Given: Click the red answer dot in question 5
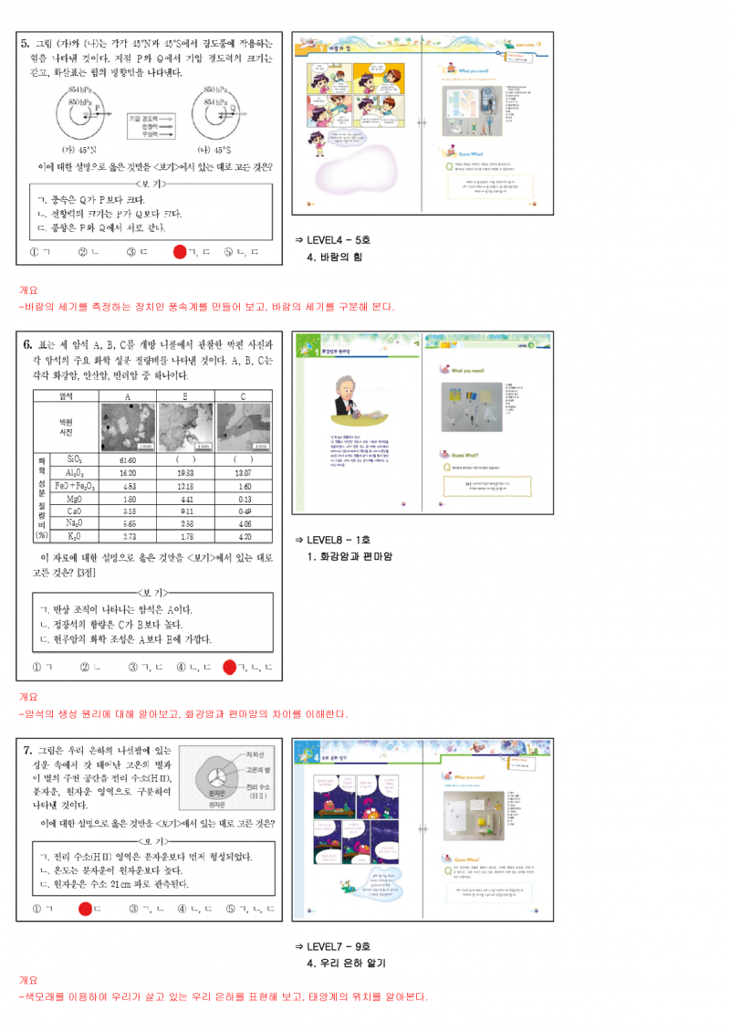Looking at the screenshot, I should pos(180,251).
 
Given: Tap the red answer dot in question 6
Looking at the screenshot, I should pos(229,668).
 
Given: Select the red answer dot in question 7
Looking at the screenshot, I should pos(85,909).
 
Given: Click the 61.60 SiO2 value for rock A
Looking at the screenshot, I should pos(127,460).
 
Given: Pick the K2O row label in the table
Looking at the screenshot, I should pos(74,536).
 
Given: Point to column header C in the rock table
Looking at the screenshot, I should pos(243,396).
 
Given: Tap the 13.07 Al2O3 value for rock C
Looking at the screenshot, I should pos(243,473).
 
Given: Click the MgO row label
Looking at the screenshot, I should pos(74,499).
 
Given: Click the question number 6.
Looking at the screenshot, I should pos(28,345).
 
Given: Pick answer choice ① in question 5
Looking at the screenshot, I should pos(36,252).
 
